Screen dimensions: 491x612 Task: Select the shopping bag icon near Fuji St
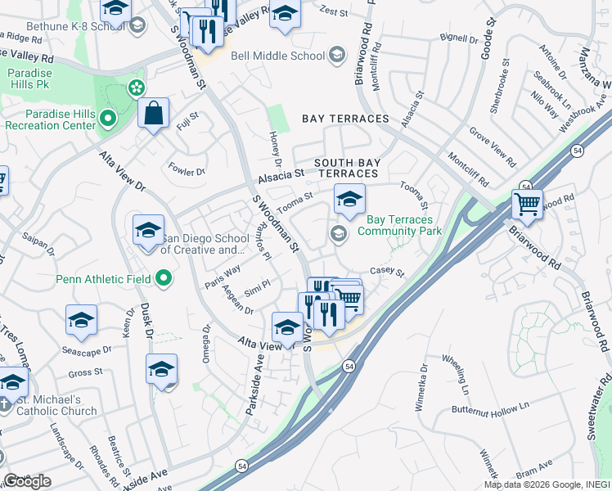(x=153, y=115)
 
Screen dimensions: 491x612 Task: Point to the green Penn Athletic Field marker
(x=164, y=279)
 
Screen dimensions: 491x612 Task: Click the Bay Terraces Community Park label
(x=403, y=225)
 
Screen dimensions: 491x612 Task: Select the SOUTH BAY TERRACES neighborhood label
(x=348, y=168)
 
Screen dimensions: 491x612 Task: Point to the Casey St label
(x=387, y=271)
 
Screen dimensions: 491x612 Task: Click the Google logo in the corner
(x=27, y=480)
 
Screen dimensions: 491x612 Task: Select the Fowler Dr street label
(x=187, y=172)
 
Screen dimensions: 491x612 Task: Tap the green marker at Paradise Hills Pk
(x=136, y=88)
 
